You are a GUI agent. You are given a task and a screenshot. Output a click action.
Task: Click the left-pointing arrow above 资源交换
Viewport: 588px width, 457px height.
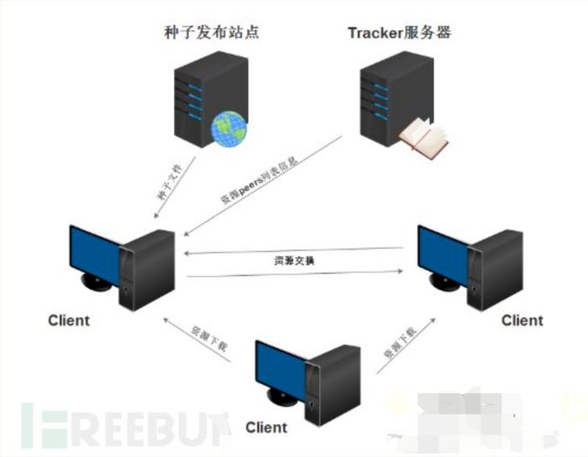(298, 250)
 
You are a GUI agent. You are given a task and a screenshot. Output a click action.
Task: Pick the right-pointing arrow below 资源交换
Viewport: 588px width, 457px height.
(298, 274)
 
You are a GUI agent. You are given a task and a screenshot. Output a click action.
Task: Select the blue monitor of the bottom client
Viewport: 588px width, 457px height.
(283, 367)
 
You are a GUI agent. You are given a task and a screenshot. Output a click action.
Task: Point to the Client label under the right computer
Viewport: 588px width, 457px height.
(522, 320)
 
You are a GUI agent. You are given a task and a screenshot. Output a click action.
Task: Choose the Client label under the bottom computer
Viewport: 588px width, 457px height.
(266, 428)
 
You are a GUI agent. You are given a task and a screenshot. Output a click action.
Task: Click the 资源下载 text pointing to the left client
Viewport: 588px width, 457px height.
(198, 339)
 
